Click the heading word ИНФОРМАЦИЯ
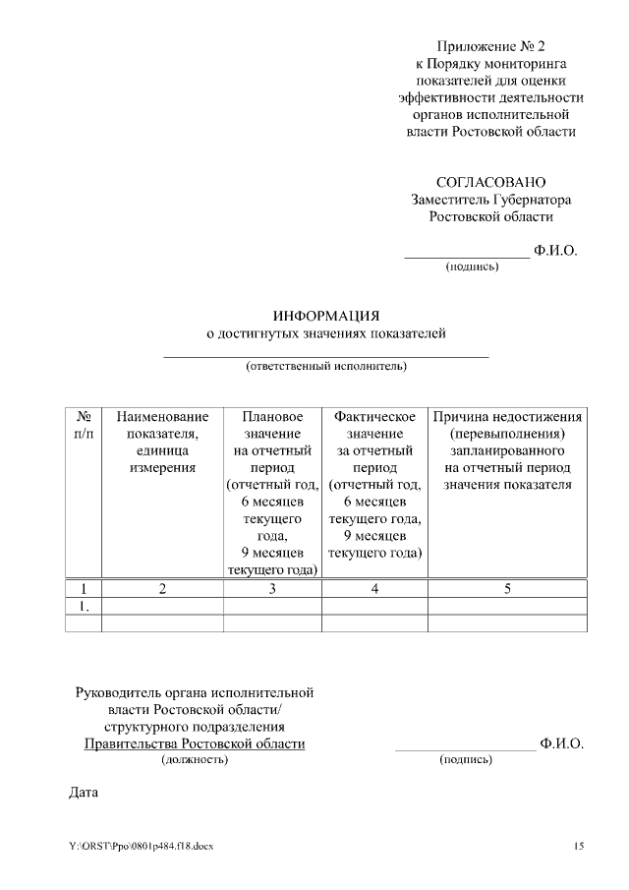pyautogui.click(x=325, y=316)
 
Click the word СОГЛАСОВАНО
pyautogui.click(x=490, y=182)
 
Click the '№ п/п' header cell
pyautogui.click(x=84, y=425)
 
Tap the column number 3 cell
pyautogui.click(x=272, y=589)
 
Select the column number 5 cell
pyautogui.click(x=507, y=589)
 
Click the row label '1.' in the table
pyautogui.click(x=84, y=607)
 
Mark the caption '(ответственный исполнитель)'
pyautogui.click(x=325, y=367)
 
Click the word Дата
pyautogui.click(x=85, y=791)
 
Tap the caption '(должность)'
pyautogui.click(x=194, y=760)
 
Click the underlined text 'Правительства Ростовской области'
pyautogui.click(x=194, y=743)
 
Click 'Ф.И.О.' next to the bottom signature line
pyautogui.click(x=562, y=743)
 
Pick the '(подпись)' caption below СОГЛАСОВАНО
pyautogui.click(x=473, y=267)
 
